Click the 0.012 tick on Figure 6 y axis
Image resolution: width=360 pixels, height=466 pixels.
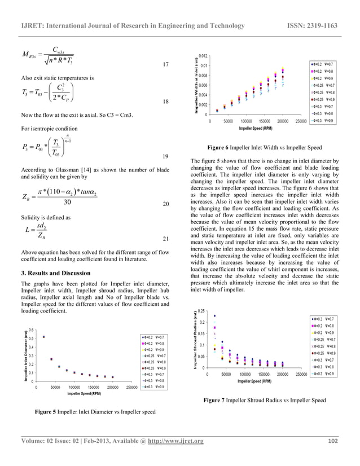tap(201, 56)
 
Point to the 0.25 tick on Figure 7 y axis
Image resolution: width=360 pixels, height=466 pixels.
tap(200, 311)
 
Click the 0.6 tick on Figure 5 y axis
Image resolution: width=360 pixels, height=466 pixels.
tap(31, 330)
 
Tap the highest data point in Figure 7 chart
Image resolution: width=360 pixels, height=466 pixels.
tap(215, 316)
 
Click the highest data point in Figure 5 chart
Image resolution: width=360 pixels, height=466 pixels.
tap(44, 337)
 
